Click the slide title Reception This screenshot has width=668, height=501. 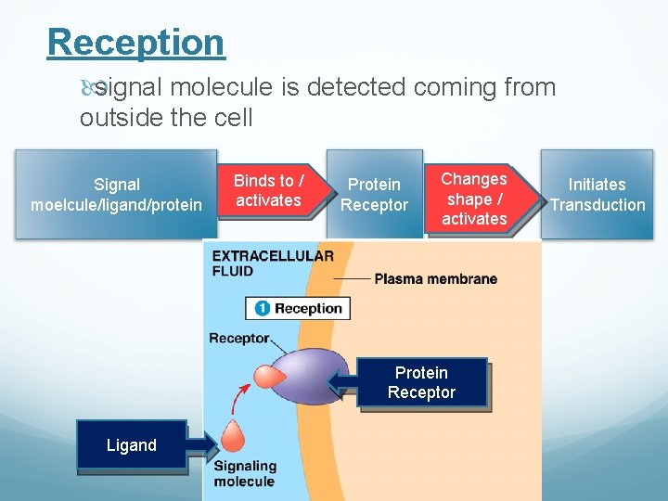click(x=135, y=43)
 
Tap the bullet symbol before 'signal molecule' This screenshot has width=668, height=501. click(x=88, y=88)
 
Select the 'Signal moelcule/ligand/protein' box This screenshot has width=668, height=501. click(x=116, y=195)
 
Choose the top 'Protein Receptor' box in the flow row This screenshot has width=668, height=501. click(x=374, y=195)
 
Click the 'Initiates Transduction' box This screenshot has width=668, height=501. click(x=597, y=195)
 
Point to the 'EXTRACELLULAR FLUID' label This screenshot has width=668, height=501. click(x=273, y=263)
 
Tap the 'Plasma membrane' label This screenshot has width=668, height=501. click(x=435, y=278)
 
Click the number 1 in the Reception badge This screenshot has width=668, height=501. click(x=262, y=309)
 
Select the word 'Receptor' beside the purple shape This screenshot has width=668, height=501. click(x=239, y=339)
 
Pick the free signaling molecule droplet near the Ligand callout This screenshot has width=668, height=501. click(x=232, y=437)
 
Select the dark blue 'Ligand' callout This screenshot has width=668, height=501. click(x=131, y=445)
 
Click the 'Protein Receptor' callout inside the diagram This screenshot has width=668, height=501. click(x=422, y=383)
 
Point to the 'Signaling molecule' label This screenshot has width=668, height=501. click(x=245, y=473)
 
